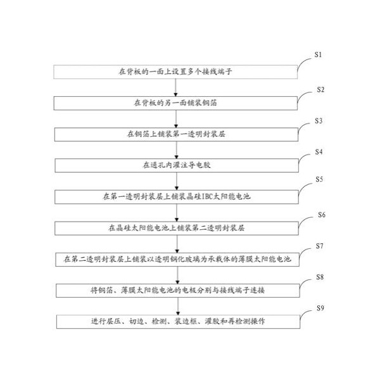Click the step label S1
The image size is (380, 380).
point(318,54)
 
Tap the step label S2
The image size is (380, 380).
point(320,90)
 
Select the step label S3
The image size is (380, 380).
point(319,121)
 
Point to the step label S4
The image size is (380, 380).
point(319,152)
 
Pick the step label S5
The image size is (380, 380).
point(319,179)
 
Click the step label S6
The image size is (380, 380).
point(322,215)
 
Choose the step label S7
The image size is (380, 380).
point(319,246)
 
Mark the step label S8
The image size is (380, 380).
point(320,277)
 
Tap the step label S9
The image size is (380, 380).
point(320,308)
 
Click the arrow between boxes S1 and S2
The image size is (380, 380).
point(175,87)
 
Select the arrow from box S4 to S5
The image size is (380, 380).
point(177,181)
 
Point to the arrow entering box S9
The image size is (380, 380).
point(178,307)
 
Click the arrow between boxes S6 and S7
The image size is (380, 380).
point(177,244)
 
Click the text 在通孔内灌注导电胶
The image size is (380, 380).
point(177,165)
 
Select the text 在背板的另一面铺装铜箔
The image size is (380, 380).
point(175,103)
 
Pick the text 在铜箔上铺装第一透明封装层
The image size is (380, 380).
point(176,134)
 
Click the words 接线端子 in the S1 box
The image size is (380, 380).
point(217,72)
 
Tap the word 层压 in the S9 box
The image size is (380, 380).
point(113,321)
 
